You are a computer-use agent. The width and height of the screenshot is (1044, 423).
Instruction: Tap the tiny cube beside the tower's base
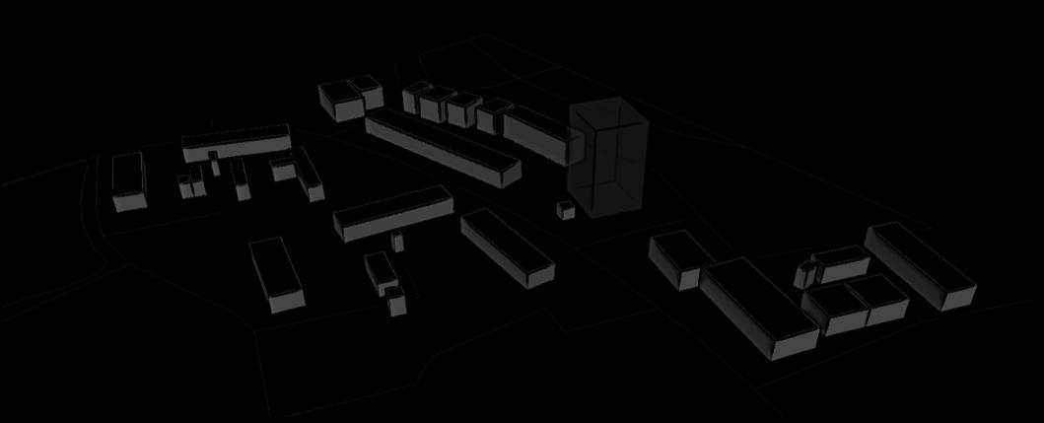pos(565,210)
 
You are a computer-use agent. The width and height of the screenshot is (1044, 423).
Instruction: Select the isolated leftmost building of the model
pos(129,182)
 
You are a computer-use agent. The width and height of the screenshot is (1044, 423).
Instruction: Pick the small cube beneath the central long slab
pos(396,240)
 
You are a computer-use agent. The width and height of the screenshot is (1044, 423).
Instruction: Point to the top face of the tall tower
pos(608,114)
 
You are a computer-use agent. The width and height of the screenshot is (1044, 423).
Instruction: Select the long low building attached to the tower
pos(536,135)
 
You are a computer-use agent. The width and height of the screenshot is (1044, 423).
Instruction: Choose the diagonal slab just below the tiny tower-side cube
pos(507,248)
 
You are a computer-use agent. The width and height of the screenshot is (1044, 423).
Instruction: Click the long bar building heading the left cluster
pos(237,143)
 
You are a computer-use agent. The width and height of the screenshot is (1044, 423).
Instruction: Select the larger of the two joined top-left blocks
pos(341,102)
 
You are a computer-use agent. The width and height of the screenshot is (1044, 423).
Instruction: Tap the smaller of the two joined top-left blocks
pos(370,93)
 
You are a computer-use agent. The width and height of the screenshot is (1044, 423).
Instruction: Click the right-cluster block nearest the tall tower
pos(678,258)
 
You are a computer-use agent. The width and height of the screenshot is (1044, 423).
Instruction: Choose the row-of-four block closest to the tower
pos(490,116)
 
